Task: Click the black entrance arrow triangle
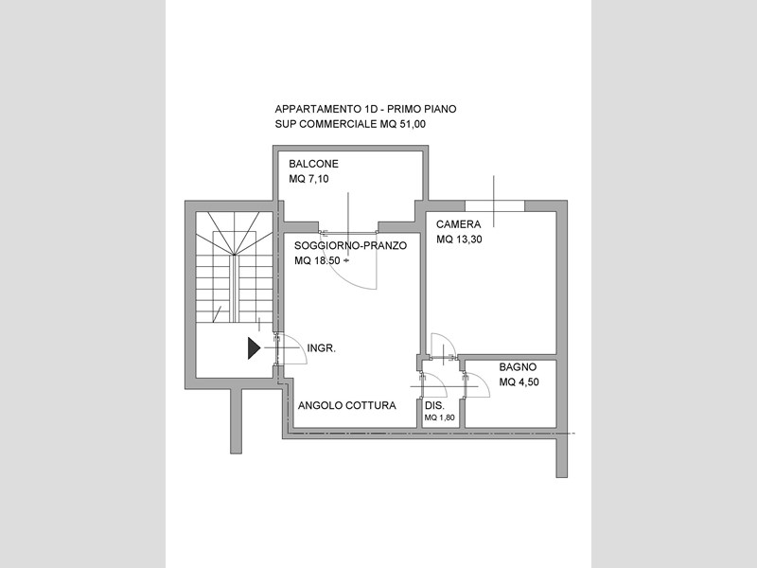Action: click(x=254, y=348)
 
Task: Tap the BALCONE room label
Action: click(x=314, y=164)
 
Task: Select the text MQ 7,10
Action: click(x=309, y=179)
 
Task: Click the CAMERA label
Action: click(x=459, y=224)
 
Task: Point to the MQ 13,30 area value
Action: click(x=459, y=240)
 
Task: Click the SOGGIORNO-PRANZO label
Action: click(x=350, y=245)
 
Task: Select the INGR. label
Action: click(x=322, y=348)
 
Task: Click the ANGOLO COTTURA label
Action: click(x=347, y=406)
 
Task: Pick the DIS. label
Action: click(x=434, y=406)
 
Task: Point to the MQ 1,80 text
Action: click(x=440, y=417)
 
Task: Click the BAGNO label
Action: click(x=518, y=367)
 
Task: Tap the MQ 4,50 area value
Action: click(x=519, y=382)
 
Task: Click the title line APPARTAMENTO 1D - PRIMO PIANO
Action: click(x=365, y=109)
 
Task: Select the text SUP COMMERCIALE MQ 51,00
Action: click(x=350, y=124)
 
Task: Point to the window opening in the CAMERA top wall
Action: click(x=495, y=205)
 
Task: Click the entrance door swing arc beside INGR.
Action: click(x=300, y=343)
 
